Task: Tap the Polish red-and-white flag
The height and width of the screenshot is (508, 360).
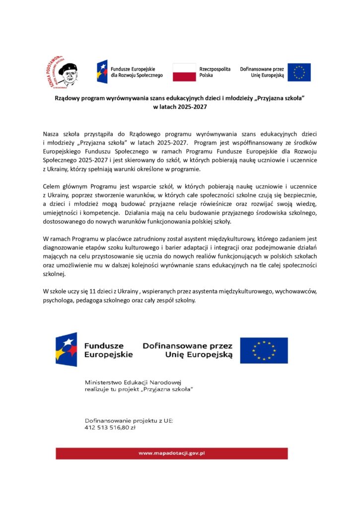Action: [184, 72]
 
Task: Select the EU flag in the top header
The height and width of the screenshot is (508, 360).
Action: [299, 72]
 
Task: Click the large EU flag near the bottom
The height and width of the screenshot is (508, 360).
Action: [264, 350]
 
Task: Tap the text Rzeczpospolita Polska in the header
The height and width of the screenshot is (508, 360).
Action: [215, 72]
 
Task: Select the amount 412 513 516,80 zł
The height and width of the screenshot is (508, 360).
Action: [110, 427]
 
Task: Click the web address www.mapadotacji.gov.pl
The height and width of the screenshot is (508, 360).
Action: [172, 453]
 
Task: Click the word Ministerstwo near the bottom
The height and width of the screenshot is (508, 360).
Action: [107, 383]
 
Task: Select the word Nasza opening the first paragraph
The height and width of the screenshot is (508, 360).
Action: [51, 134]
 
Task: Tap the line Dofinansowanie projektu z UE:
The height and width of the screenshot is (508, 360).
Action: [129, 420]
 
